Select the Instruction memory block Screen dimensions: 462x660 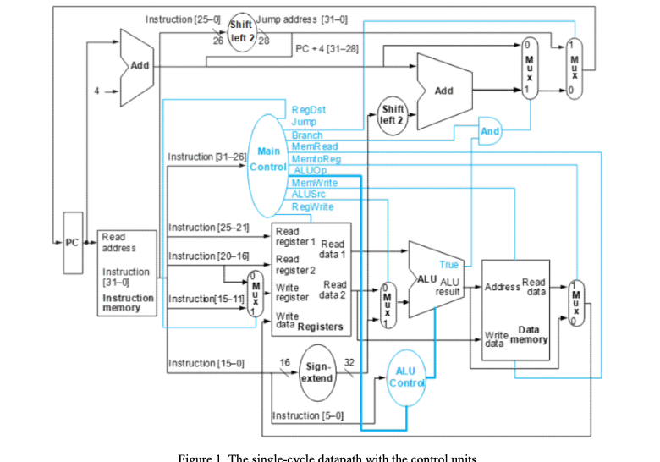point(127,272)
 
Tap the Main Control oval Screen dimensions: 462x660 point(268,158)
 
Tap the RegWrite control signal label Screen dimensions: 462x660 point(312,206)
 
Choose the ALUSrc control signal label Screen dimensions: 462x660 point(309,195)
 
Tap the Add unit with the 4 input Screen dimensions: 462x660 point(136,66)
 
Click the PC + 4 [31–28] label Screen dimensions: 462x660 point(327,49)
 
